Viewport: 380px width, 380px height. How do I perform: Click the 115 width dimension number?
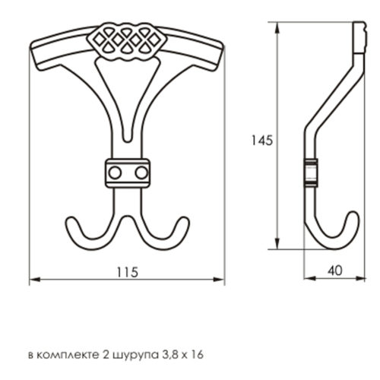pyautogui.click(x=128, y=272)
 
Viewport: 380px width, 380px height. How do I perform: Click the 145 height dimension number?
pyautogui.click(x=261, y=140)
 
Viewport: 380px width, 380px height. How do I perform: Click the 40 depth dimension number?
pyautogui.click(x=335, y=271)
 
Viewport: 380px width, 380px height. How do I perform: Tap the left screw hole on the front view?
pyautogui.click(x=115, y=173)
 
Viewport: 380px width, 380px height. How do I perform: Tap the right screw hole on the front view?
pyautogui.click(x=141, y=173)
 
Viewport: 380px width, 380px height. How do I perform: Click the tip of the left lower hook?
pyautogui.click(x=71, y=218)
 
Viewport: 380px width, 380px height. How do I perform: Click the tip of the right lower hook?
pyautogui.click(x=185, y=218)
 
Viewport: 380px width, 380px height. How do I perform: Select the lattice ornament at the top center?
pyautogui.click(x=127, y=42)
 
